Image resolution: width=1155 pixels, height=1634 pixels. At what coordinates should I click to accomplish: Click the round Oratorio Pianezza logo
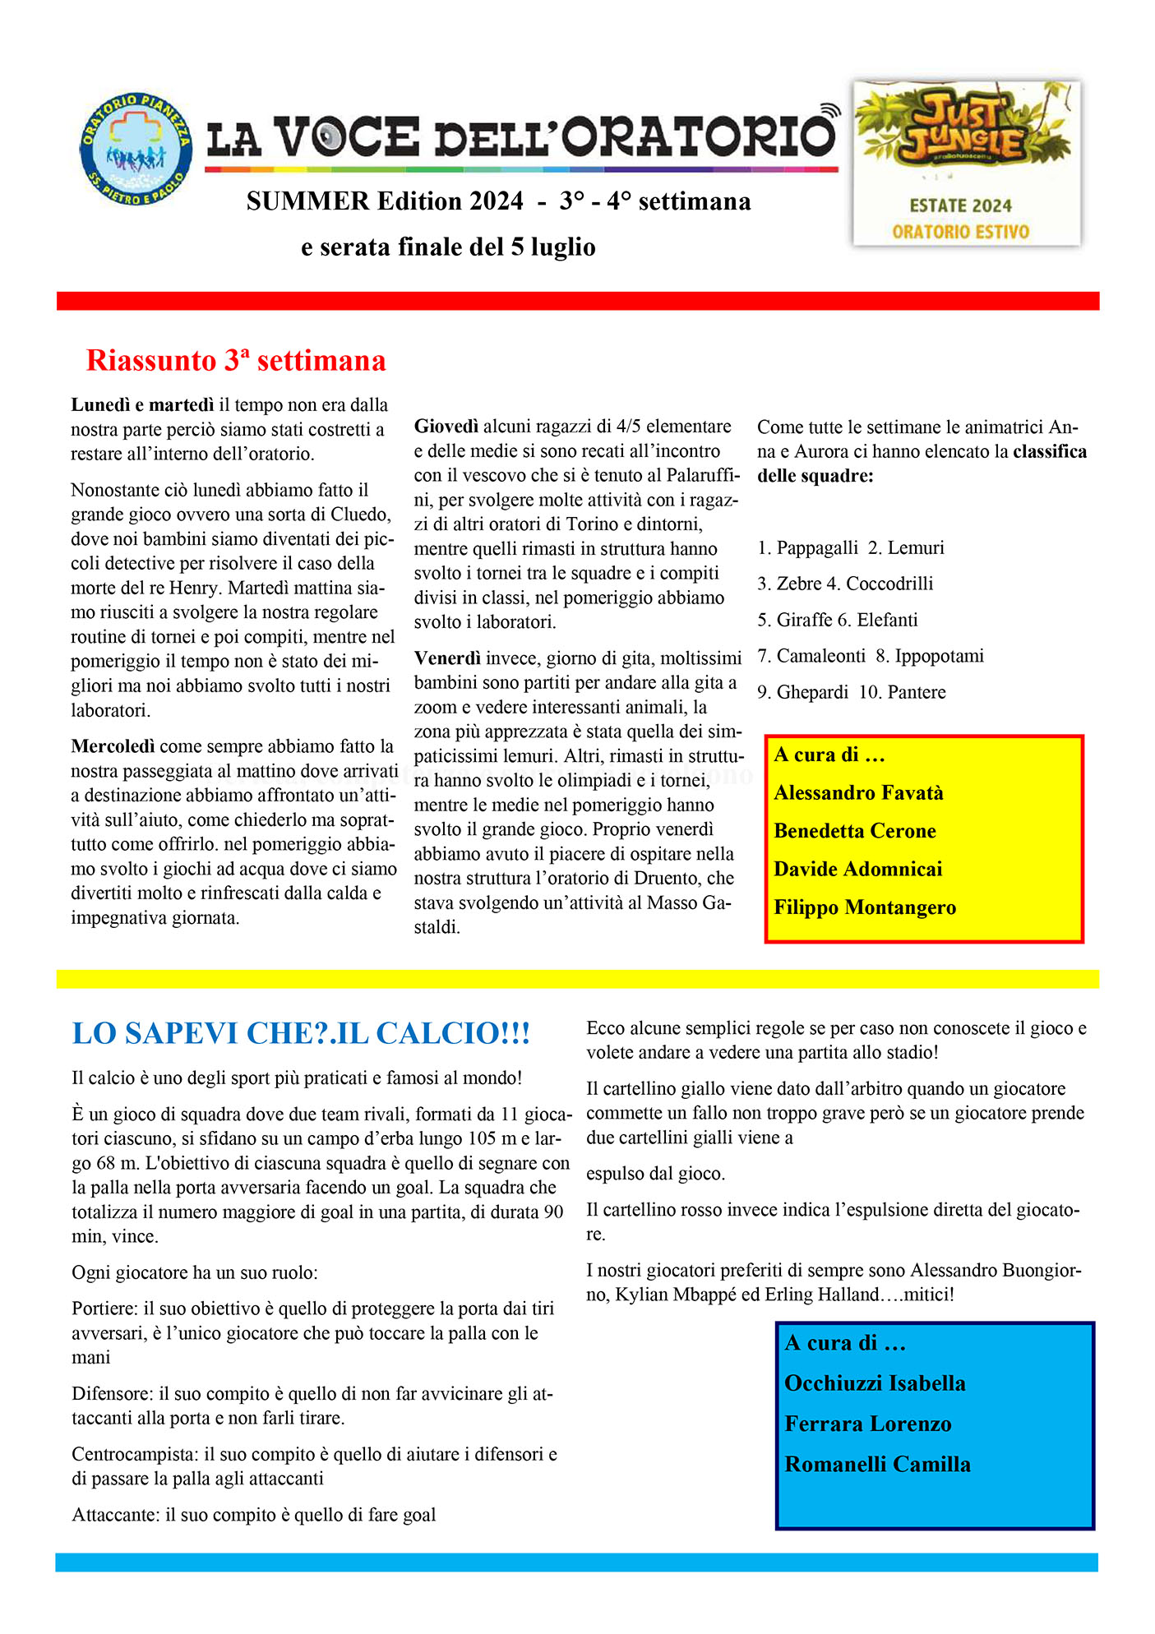tap(136, 149)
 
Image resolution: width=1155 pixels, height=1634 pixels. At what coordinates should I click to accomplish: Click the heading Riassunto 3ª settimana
tap(236, 361)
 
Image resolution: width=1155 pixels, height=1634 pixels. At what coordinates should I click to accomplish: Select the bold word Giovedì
tap(446, 427)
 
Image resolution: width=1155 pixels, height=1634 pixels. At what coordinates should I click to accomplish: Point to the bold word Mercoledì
tap(113, 746)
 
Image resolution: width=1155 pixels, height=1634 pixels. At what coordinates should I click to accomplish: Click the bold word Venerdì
tap(447, 658)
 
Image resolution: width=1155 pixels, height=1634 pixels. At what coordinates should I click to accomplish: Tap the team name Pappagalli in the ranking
tap(817, 548)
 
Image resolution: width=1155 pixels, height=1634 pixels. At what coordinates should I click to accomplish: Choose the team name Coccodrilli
tap(889, 584)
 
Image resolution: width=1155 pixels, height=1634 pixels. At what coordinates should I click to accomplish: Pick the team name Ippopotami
tap(939, 656)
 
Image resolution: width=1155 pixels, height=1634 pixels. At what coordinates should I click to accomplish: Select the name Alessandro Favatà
tap(858, 793)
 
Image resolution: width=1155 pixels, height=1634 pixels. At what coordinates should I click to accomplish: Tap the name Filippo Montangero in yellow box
tap(865, 907)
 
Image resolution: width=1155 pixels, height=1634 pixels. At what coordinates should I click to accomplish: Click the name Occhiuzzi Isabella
tap(875, 1383)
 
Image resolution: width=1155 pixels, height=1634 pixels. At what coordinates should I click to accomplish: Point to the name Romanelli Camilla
tap(877, 1464)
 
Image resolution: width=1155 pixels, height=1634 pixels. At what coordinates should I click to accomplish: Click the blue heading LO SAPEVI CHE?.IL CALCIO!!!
tap(301, 1034)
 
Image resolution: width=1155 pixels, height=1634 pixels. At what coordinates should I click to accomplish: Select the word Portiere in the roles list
tap(104, 1309)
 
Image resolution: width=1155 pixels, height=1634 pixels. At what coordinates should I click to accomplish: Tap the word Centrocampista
tap(135, 1454)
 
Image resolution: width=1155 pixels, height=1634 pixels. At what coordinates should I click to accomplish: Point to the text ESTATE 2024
tap(960, 206)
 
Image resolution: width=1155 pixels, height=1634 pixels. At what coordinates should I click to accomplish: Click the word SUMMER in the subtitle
tap(307, 201)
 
